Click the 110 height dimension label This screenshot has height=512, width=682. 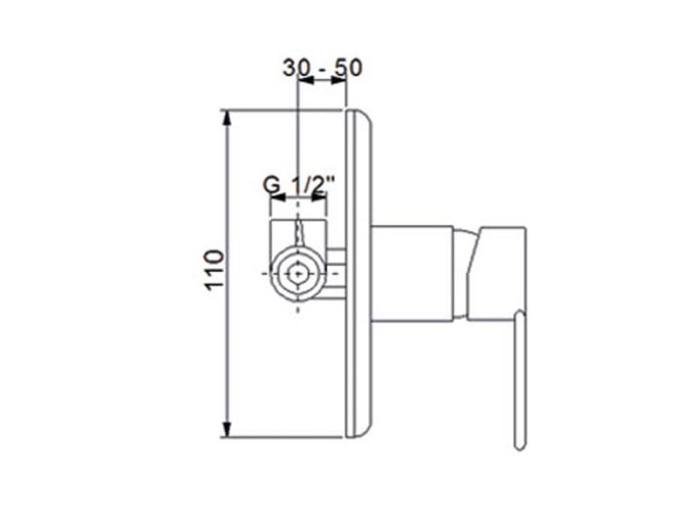point(214,269)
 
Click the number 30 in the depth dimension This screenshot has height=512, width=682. point(296,67)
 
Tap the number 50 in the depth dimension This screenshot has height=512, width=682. point(348,67)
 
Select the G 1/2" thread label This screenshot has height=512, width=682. point(299,185)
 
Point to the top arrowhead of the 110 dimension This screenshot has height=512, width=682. point(227,118)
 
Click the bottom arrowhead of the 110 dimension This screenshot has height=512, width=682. point(227,429)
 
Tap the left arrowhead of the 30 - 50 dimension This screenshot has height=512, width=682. point(305,80)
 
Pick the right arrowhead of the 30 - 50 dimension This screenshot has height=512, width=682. point(338,80)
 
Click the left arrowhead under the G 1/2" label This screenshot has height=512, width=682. point(278,198)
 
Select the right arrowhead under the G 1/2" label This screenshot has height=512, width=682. point(319,198)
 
